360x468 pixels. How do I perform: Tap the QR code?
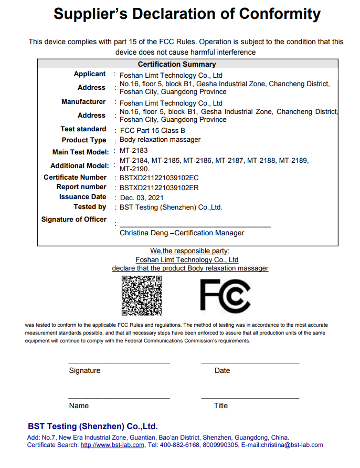141,295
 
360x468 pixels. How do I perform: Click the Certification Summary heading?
177,64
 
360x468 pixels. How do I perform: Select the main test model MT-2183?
134,151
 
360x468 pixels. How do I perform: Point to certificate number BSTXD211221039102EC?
159,178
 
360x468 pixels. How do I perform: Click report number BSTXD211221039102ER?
159,187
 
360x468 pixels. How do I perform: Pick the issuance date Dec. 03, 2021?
142,197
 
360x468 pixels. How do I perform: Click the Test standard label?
83,129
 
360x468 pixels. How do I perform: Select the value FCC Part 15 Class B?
152,130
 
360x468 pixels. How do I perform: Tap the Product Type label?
84,140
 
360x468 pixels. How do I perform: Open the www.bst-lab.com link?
112,445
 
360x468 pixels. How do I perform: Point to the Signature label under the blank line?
84,370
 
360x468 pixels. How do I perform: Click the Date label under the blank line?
222,370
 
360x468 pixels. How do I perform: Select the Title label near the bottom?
220,405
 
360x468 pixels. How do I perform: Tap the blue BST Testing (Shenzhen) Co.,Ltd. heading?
93,427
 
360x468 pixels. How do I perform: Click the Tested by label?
90,207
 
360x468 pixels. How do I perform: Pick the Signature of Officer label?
74,220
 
